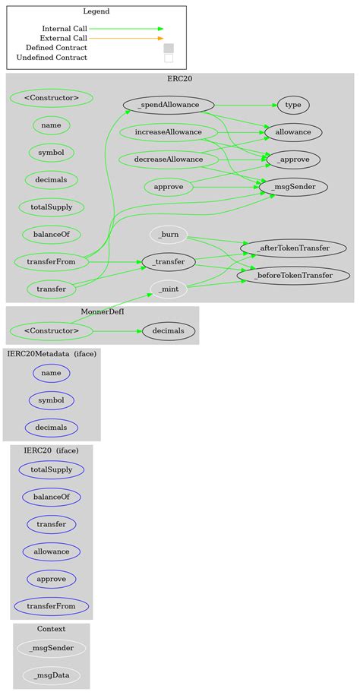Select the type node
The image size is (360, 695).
click(x=292, y=105)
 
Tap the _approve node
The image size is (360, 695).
click(x=292, y=160)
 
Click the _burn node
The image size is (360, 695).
click(x=169, y=235)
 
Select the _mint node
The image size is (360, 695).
click(x=169, y=289)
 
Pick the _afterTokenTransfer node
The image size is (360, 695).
click(x=294, y=248)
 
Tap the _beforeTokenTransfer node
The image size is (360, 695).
click(x=294, y=275)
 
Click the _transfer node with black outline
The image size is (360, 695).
click(x=169, y=262)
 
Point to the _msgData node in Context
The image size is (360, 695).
click(x=52, y=674)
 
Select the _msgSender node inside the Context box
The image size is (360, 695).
click(x=52, y=648)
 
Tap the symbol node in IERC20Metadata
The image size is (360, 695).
click(x=52, y=400)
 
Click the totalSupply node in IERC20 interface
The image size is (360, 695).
click(x=52, y=469)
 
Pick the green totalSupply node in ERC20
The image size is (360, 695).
click(x=52, y=207)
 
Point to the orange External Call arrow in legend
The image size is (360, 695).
click(x=126, y=38)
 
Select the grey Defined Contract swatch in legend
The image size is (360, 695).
click(x=169, y=48)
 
